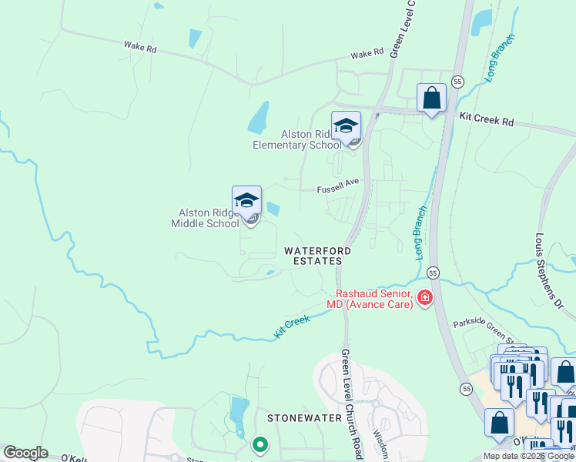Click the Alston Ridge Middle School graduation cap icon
[246, 202]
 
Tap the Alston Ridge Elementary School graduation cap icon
[346, 126]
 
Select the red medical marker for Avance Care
[424, 298]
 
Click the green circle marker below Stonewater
[260, 444]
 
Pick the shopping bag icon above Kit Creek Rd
[431, 99]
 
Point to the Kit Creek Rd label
[486, 121]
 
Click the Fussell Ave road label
[338, 190]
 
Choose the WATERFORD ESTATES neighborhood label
[317, 256]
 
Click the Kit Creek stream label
[292, 327]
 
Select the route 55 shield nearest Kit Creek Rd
[457, 81]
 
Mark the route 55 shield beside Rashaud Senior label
[433, 273]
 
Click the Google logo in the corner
[25, 453]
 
